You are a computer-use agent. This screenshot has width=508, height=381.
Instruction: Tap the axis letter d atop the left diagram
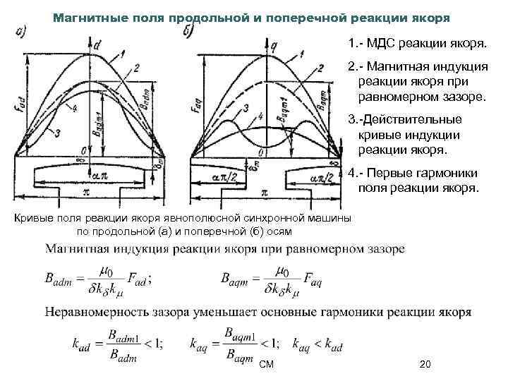[97, 44]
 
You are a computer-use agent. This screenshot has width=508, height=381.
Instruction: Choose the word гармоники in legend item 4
[446, 173]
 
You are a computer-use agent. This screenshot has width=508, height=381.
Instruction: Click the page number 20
[425, 364]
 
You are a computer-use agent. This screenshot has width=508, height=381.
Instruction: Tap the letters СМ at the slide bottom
[265, 364]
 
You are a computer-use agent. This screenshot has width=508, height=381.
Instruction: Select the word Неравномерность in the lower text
[95, 310]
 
